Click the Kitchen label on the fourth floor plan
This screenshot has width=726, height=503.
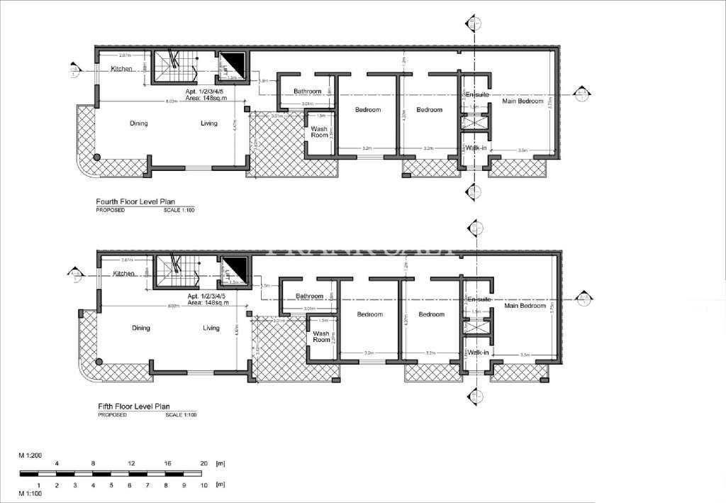pyautogui.click(x=121, y=69)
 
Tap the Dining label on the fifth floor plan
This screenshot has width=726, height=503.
pyautogui.click(x=141, y=328)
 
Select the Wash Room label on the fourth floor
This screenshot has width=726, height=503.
pyautogui.click(x=320, y=132)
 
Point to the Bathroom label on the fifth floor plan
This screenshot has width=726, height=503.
pyautogui.click(x=310, y=296)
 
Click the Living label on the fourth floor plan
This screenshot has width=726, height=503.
pyautogui.click(x=209, y=123)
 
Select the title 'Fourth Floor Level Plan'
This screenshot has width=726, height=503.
pyautogui.click(x=134, y=201)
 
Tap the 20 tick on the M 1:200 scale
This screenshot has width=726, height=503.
pyautogui.click(x=203, y=463)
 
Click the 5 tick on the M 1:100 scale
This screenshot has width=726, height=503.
pyautogui.click(x=111, y=486)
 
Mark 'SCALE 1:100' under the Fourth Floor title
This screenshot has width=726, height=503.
pyautogui.click(x=179, y=210)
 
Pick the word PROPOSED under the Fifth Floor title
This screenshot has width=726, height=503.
pyautogui.click(x=112, y=414)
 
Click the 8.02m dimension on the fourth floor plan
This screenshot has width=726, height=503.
pyautogui.click(x=171, y=101)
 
